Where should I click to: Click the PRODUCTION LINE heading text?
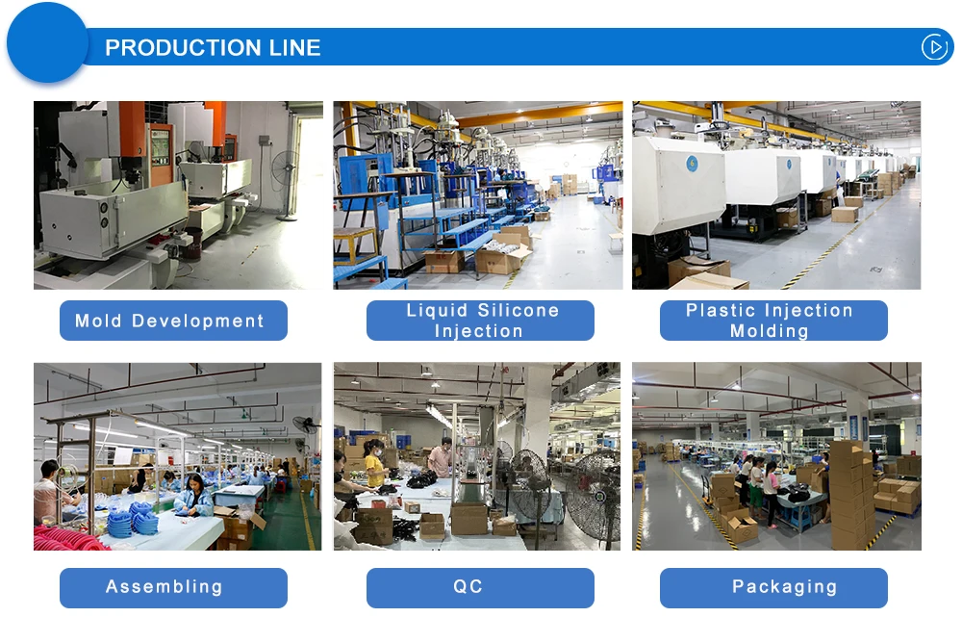213,48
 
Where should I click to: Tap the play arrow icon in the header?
934,47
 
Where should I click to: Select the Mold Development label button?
173,321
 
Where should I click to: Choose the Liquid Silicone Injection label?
480,321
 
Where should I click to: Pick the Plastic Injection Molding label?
773,321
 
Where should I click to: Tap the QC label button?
480,587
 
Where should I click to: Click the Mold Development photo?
178,195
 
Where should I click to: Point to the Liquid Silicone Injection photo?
478,195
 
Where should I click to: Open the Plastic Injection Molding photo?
776,195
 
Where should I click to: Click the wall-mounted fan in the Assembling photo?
306,424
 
